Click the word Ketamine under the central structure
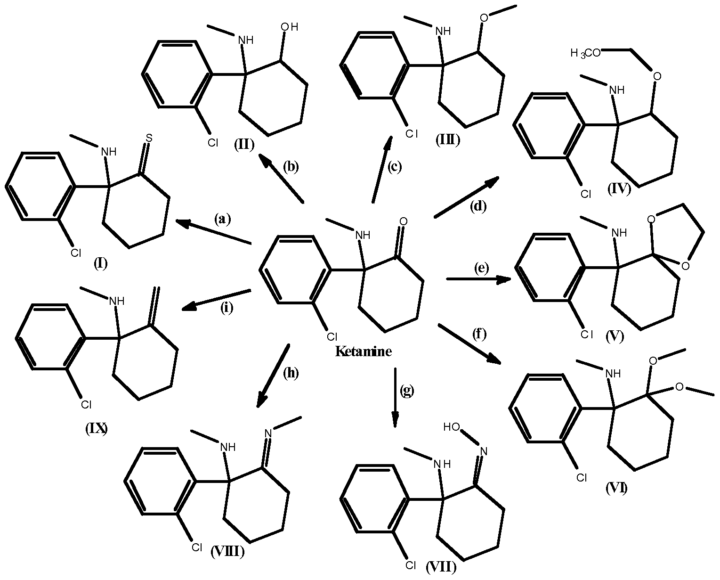(364, 351)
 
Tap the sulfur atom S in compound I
(149, 138)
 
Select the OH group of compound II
(290, 27)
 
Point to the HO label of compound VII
(451, 426)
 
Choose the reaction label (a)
(222, 219)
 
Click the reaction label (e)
(481, 268)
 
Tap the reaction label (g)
(407, 391)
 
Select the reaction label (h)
(291, 373)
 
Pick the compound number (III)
(448, 140)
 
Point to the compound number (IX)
(97, 428)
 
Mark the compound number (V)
(615, 336)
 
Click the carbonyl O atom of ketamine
(404, 221)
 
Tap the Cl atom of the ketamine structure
(332, 336)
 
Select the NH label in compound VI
(613, 373)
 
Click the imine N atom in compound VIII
(268, 433)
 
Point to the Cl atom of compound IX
(86, 405)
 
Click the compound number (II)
(244, 145)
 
